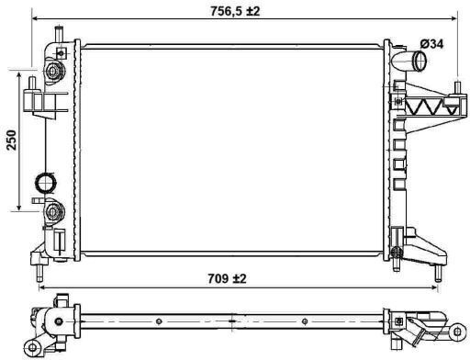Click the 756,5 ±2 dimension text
point(235,11)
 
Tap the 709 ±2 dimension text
point(227,278)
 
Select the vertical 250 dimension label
point(12,141)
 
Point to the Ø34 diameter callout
point(431,44)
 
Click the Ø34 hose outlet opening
point(420,61)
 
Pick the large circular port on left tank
point(46,183)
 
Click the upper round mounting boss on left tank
point(53,72)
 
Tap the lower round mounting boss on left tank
point(53,212)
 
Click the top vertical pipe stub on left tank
point(59,34)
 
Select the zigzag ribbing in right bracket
point(429,107)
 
